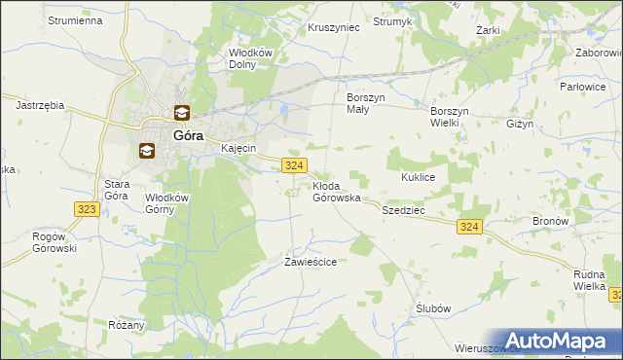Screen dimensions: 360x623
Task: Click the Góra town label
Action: tap(188, 136)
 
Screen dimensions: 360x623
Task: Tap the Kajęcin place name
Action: tap(238, 148)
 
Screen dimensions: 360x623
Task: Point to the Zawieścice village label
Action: tap(310, 262)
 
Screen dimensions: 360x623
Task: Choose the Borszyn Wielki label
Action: tap(451, 117)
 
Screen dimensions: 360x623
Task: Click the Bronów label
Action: tap(550, 221)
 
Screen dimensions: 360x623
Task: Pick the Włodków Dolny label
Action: tap(248, 58)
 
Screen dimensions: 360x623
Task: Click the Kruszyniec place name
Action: tap(334, 27)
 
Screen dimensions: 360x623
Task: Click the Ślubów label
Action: tap(433, 307)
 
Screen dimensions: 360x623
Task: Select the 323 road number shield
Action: tap(86, 208)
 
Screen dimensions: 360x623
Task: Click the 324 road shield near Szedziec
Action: tap(469, 226)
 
